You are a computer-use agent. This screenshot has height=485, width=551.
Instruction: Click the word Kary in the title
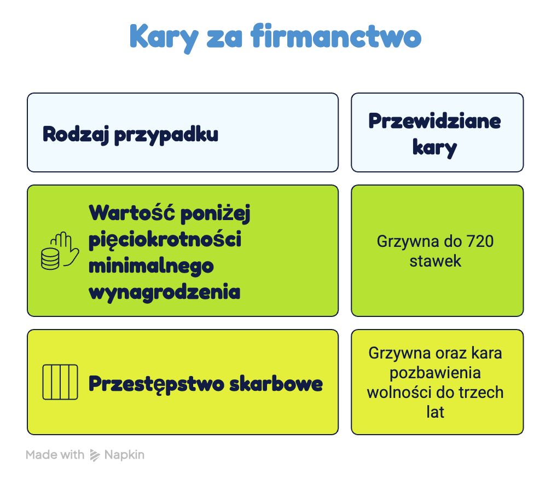[164, 38]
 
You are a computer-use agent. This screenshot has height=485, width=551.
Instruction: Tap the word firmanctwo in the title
[336, 36]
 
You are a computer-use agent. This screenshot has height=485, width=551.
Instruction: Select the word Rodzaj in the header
[76, 135]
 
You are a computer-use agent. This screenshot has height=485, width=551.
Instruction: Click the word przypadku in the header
[166, 135]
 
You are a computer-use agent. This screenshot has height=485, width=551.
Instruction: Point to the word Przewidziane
[434, 122]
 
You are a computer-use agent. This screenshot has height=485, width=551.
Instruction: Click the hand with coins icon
[60, 251]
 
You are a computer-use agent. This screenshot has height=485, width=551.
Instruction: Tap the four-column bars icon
[60, 382]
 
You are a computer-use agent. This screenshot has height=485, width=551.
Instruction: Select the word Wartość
[132, 212]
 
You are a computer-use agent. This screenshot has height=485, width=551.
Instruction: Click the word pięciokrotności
[165, 240]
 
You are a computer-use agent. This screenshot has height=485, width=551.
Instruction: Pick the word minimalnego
[151, 267]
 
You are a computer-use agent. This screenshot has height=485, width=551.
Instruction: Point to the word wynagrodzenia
[165, 293]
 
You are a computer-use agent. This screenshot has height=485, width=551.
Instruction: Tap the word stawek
[435, 261]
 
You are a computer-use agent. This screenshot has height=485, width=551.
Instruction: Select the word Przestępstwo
[156, 384]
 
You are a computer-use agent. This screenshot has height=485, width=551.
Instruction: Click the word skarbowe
[276, 383]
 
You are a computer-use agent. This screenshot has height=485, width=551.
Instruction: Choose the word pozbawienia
[435, 373]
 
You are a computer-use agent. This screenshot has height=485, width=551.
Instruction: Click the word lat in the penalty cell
[435, 412]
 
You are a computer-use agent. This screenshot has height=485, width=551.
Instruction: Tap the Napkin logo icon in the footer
[95, 455]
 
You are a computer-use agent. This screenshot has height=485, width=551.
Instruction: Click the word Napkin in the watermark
[124, 455]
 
